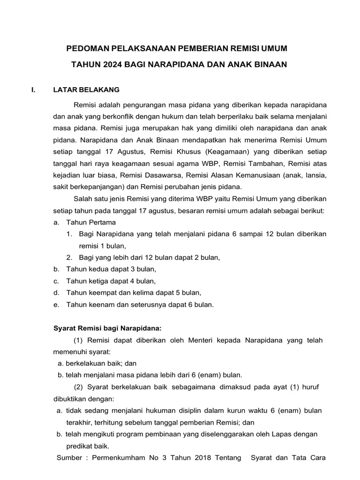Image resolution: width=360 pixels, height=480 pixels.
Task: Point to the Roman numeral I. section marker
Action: coord(33,89)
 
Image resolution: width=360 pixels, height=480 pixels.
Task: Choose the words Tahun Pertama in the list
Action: coord(91,222)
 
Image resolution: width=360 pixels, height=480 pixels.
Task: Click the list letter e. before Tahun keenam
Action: coord(56,305)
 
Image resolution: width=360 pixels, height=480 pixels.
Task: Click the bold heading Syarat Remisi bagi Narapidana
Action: coord(107,328)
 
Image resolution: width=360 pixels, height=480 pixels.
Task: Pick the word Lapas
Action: coord(281,434)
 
